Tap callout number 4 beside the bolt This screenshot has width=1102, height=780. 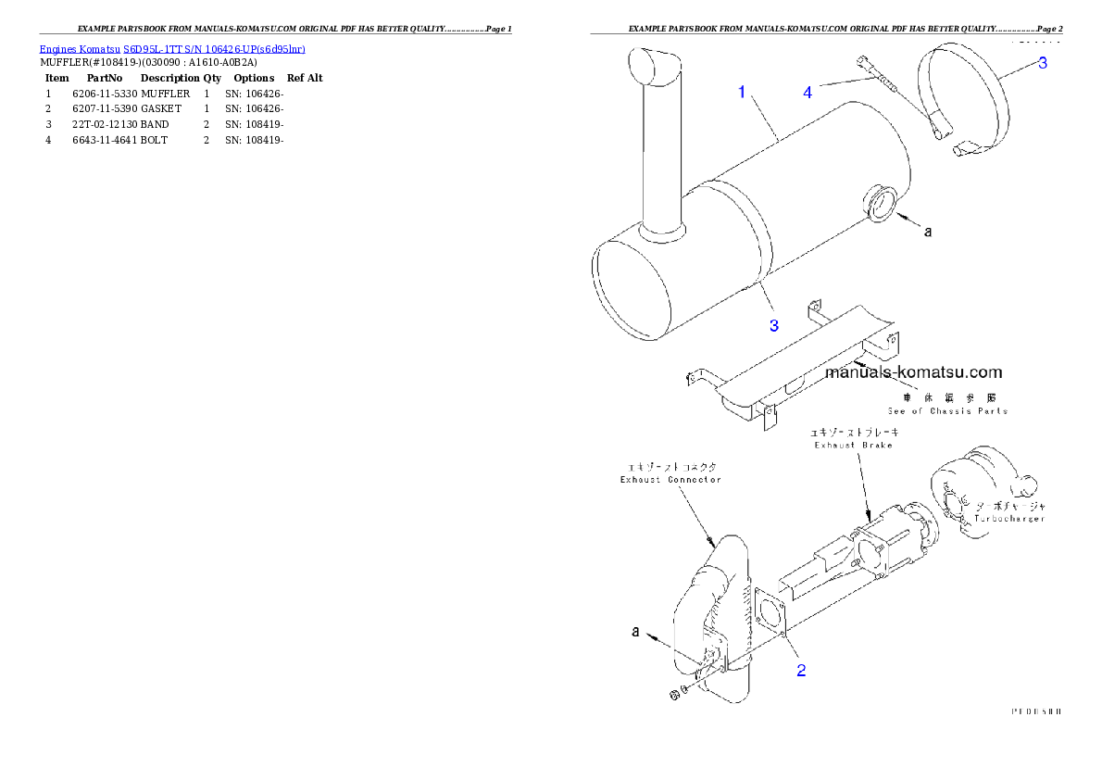click(808, 92)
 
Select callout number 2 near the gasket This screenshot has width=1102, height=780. click(801, 671)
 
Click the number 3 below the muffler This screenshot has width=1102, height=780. click(774, 324)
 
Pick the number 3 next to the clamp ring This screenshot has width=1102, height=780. click(1042, 63)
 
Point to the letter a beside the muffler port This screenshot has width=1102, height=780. click(928, 232)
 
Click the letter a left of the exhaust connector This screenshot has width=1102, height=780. click(636, 631)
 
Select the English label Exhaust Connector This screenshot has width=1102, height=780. click(670, 480)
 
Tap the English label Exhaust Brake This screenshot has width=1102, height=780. click(853, 446)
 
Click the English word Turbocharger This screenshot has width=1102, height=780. click(1009, 519)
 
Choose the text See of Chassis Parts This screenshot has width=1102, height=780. click(946, 410)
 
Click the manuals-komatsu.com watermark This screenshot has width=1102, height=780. click(913, 372)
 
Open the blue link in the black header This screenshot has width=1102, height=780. click(172, 48)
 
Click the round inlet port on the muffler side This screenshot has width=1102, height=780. click(880, 204)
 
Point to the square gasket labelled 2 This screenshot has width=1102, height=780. click(771, 612)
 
